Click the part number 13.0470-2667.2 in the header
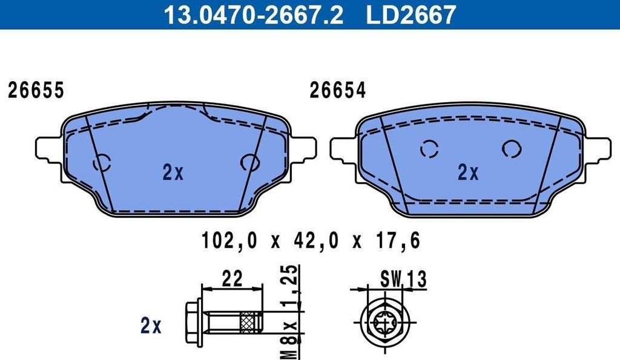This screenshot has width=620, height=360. pyautogui.click(x=254, y=15)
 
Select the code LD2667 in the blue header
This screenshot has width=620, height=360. pyautogui.click(x=411, y=15)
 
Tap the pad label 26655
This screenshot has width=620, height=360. pyautogui.click(x=36, y=91)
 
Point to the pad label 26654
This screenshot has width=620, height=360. pyautogui.click(x=337, y=91)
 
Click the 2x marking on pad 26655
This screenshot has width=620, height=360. pyautogui.click(x=173, y=172)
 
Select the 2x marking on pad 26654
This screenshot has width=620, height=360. pyautogui.click(x=468, y=172)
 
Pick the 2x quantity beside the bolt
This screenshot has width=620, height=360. pyautogui.click(x=151, y=326)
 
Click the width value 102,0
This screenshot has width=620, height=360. pyautogui.click(x=229, y=240)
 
